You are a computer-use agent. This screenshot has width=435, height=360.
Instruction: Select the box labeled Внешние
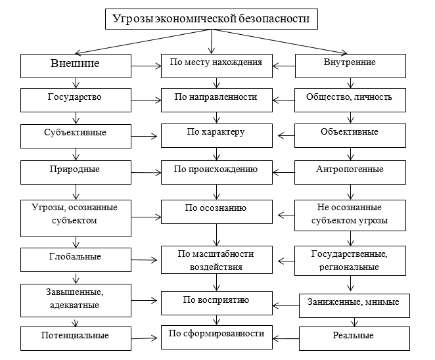pyautogui.click(x=75, y=64)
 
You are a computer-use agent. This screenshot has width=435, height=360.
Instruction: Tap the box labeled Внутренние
pyautogui.click(x=350, y=64)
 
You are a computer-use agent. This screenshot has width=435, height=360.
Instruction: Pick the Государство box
pyautogui.click(x=75, y=99)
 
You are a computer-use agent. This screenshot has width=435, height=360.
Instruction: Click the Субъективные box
pyautogui.click(x=75, y=133)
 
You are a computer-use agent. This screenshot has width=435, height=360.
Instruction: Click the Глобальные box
pyautogui.click(x=75, y=258)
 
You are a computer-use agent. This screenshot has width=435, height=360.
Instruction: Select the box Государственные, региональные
pyautogui.click(x=350, y=259)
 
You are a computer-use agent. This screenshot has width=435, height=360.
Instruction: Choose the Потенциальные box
pyautogui.click(x=75, y=336)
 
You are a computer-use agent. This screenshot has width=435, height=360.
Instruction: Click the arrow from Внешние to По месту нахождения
pyautogui.click(x=145, y=64)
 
